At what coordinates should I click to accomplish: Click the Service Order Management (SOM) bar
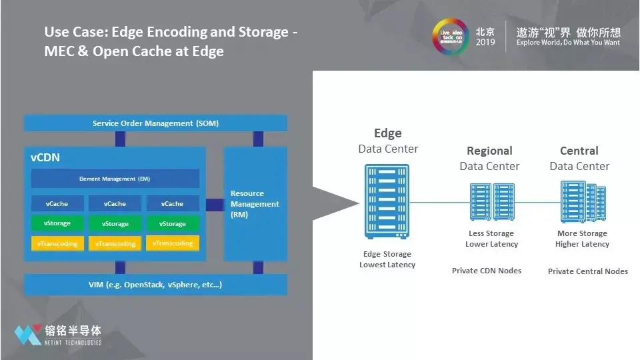(155, 123)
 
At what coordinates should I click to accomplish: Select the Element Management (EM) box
(115, 179)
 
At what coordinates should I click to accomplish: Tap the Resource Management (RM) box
(255, 204)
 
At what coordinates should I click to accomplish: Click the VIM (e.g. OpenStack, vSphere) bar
(155, 285)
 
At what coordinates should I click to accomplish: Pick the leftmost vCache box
(57, 204)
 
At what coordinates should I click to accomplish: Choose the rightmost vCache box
(172, 204)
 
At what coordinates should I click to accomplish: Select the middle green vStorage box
(115, 224)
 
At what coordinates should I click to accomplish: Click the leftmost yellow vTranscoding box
(57, 243)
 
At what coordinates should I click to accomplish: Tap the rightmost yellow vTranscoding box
(172, 243)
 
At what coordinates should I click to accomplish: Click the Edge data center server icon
(387, 201)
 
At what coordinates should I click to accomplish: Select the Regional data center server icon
(490, 201)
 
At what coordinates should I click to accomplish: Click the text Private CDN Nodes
(487, 271)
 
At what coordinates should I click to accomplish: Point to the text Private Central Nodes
(587, 271)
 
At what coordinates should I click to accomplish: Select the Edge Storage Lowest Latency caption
(387, 259)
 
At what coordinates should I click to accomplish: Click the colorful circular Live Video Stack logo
(449, 36)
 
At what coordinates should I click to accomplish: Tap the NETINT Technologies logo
(59, 334)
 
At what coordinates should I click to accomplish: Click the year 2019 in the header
(485, 43)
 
